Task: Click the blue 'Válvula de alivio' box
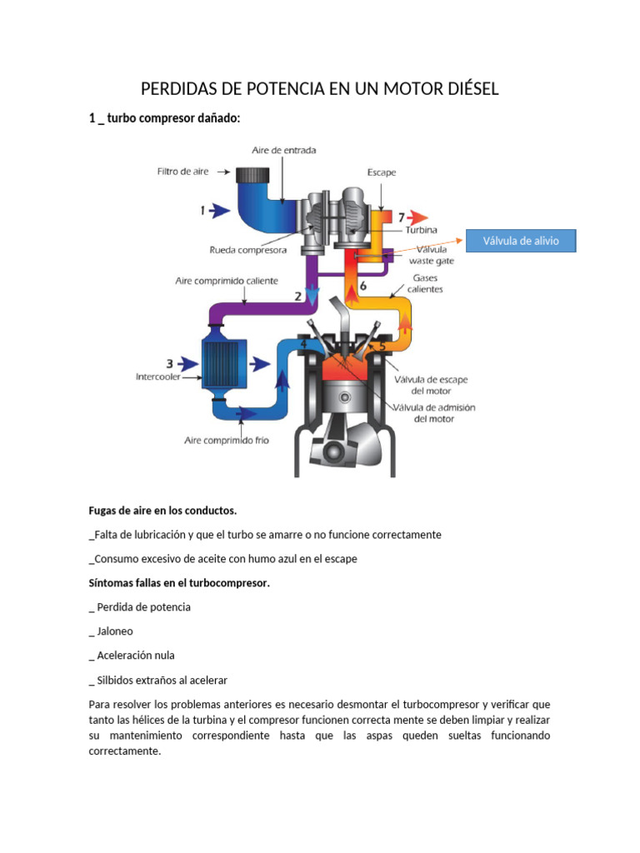click(x=521, y=242)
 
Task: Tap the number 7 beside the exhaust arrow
click(x=401, y=217)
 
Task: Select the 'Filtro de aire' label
click(x=182, y=172)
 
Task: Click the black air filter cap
click(x=252, y=176)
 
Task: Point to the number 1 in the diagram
click(x=202, y=212)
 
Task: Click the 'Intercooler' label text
click(x=158, y=377)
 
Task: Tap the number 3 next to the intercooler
click(x=169, y=363)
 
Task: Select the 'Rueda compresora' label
click(x=248, y=250)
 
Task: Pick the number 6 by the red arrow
click(x=363, y=284)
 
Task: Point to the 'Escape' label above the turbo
click(x=382, y=172)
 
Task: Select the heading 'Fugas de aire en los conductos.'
click(x=162, y=510)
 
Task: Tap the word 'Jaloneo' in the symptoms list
click(x=115, y=631)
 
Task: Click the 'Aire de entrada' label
click(x=284, y=150)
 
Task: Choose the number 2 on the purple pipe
click(x=297, y=295)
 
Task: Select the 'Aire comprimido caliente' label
click(x=227, y=281)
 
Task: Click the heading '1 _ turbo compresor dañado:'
click(x=164, y=119)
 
